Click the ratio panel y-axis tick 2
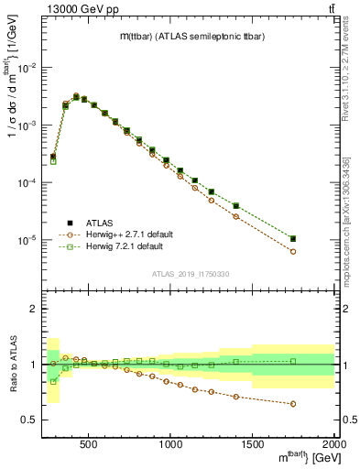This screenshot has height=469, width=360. click(x=34, y=310)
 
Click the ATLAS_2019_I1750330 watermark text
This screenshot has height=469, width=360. click(x=190, y=274)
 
